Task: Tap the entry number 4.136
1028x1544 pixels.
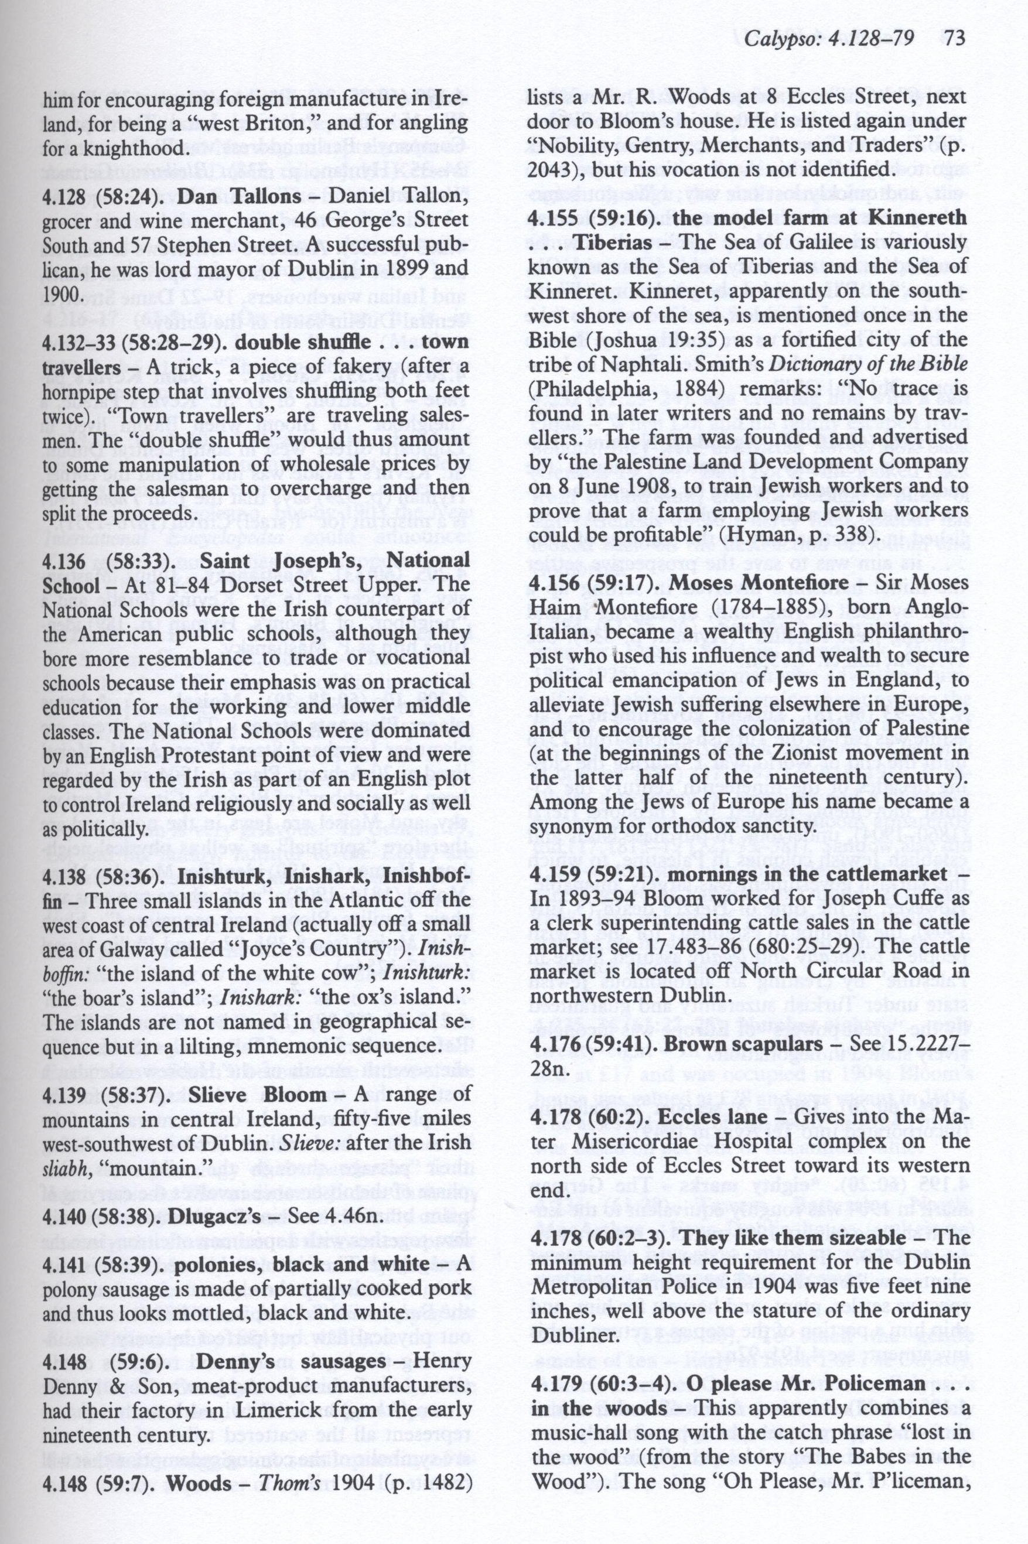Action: (x=62, y=561)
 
